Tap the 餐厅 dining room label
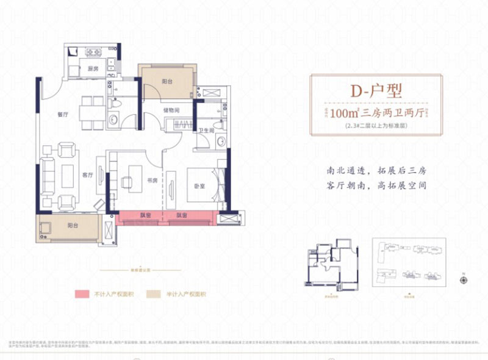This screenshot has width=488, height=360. pos(61,113)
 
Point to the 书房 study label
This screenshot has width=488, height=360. pos(152,181)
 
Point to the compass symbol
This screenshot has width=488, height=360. pos(464,280)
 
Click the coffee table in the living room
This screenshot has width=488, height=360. pos(66,172)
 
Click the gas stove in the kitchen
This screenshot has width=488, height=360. pos(95,51)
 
